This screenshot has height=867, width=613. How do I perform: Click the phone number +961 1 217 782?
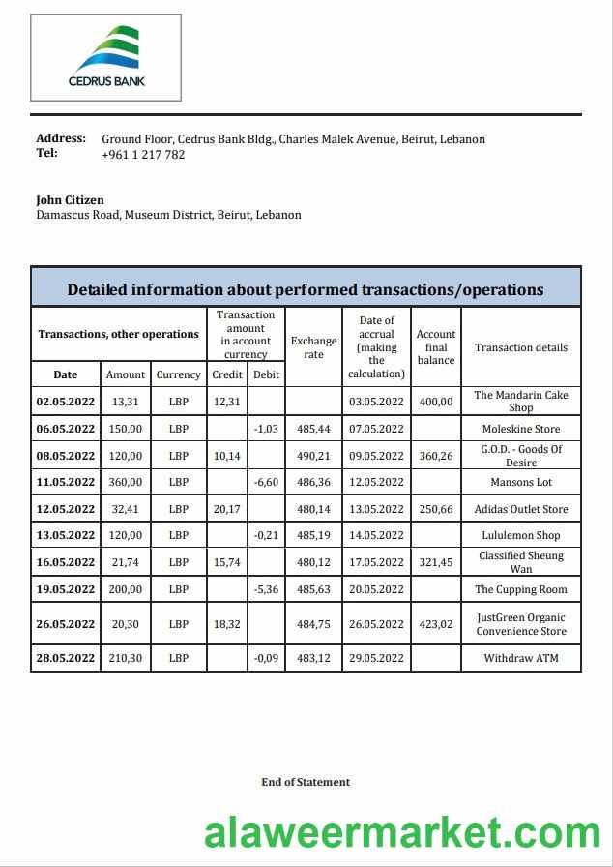[x=143, y=155]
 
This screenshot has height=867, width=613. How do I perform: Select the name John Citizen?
[x=70, y=200]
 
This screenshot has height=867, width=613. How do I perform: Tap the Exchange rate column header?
[x=314, y=347]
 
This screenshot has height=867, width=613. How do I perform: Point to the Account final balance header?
[x=436, y=347]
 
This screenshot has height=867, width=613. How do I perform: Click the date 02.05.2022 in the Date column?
[x=66, y=402]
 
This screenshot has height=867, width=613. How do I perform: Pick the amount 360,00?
[x=126, y=482]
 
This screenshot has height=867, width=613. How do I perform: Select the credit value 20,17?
[x=227, y=509]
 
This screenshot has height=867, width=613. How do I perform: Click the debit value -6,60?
[x=266, y=482]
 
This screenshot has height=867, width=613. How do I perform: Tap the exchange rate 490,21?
[x=314, y=456]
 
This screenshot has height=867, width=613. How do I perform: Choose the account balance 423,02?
[x=436, y=624]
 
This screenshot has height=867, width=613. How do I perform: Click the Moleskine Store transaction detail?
[x=521, y=429]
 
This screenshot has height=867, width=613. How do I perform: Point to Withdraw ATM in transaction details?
[x=521, y=659]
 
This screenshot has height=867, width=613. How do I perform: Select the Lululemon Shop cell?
[x=521, y=535]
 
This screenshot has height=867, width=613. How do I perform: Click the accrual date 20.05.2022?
[x=377, y=589]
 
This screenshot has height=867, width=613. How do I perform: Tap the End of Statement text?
[x=306, y=782]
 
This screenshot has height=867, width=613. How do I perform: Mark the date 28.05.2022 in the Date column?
[x=66, y=659]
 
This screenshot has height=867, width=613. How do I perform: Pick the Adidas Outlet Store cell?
[x=521, y=509]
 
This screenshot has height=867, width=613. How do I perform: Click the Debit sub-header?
[x=266, y=374]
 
